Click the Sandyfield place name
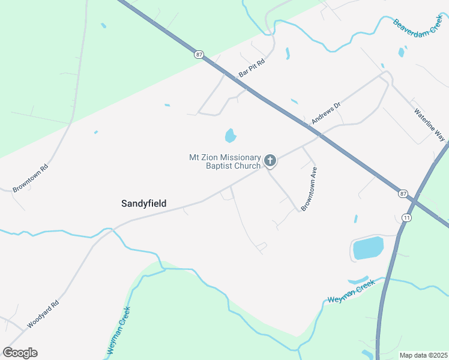[143, 204]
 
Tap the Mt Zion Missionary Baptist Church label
[225, 161]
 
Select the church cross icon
[270, 160]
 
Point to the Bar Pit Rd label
[252, 67]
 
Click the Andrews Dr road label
[326, 113]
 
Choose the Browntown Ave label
[309, 188]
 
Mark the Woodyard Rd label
[43, 314]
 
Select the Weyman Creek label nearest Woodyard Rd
[119, 331]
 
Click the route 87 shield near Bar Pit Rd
[199, 55]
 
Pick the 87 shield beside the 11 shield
[403, 194]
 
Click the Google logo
[20, 353]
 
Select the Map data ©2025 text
[423, 355]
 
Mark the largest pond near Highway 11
[368, 248]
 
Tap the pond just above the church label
[231, 136]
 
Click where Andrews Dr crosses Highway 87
[321, 134]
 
